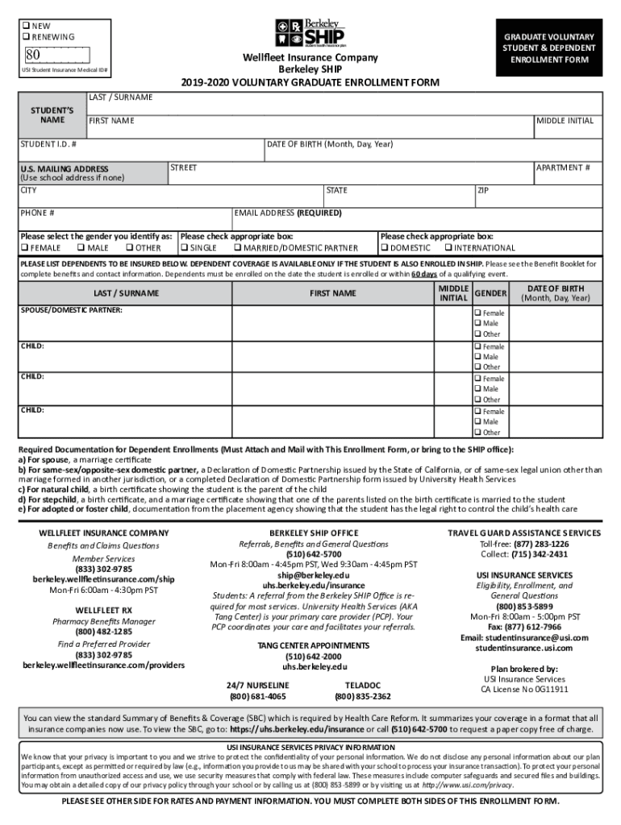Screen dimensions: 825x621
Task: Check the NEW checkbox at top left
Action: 25,26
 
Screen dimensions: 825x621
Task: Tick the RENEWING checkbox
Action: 25,37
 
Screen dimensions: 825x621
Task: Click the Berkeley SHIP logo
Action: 310,33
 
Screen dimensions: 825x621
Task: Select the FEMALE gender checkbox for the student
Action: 24,248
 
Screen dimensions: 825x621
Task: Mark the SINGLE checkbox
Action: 185,248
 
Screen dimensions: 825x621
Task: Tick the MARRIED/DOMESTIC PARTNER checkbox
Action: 237,248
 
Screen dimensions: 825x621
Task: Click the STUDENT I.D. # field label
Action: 49,144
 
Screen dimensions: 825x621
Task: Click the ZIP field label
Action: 483,190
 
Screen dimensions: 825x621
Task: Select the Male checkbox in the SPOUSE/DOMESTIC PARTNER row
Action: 478,324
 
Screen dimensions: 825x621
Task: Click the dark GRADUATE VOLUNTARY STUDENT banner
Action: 549,48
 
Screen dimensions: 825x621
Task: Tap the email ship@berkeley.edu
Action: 314,575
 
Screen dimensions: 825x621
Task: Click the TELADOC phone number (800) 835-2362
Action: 363,696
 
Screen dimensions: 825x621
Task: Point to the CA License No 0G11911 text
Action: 524,690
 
